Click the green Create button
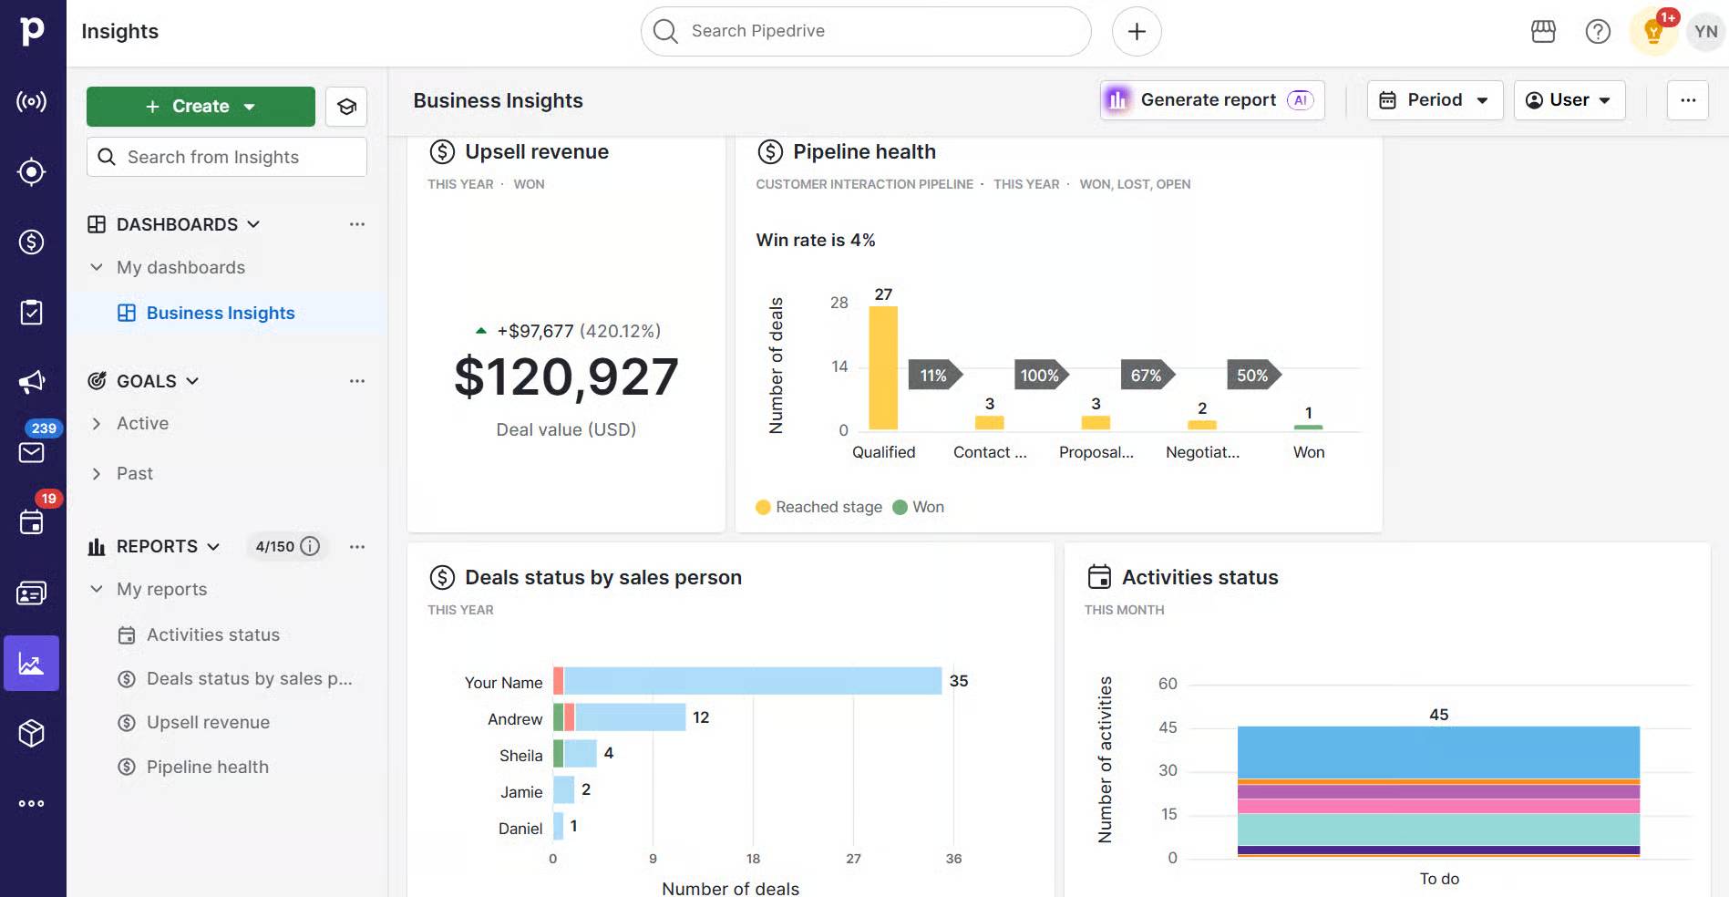[201, 107]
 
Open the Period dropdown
[1435, 100]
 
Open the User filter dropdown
[1569, 100]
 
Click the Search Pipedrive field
[866, 31]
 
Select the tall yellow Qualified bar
[882, 367]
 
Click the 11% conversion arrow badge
[933, 376]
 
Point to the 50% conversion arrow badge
[1252, 376]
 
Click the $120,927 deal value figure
[566, 376]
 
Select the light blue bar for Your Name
[752, 681]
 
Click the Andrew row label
[514, 719]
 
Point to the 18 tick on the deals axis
[753, 859]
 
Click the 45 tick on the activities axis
[1168, 727]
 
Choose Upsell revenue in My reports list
[208, 723]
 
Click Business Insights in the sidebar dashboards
[221, 314]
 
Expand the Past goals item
[134, 474]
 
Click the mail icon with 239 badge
[32, 452]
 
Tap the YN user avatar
[1705, 32]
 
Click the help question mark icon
[1598, 32]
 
